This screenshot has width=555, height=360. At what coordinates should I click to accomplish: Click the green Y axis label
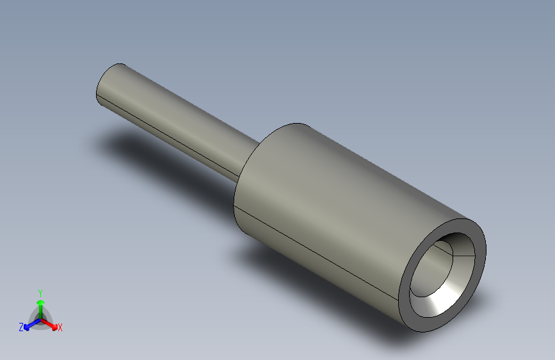pos(40,293)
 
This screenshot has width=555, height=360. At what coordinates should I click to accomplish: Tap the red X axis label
pos(60,327)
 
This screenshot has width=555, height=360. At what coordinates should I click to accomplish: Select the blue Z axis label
pos(21,327)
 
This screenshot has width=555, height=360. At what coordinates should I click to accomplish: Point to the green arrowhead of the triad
pos(41,302)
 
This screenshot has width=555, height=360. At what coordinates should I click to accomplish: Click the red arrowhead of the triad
pos(54,327)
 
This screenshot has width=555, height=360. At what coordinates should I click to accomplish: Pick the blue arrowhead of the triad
pos(27,327)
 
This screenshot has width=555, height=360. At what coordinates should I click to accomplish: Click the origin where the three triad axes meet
pos(41,319)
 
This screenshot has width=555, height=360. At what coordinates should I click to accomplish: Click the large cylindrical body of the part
pos(340,213)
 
